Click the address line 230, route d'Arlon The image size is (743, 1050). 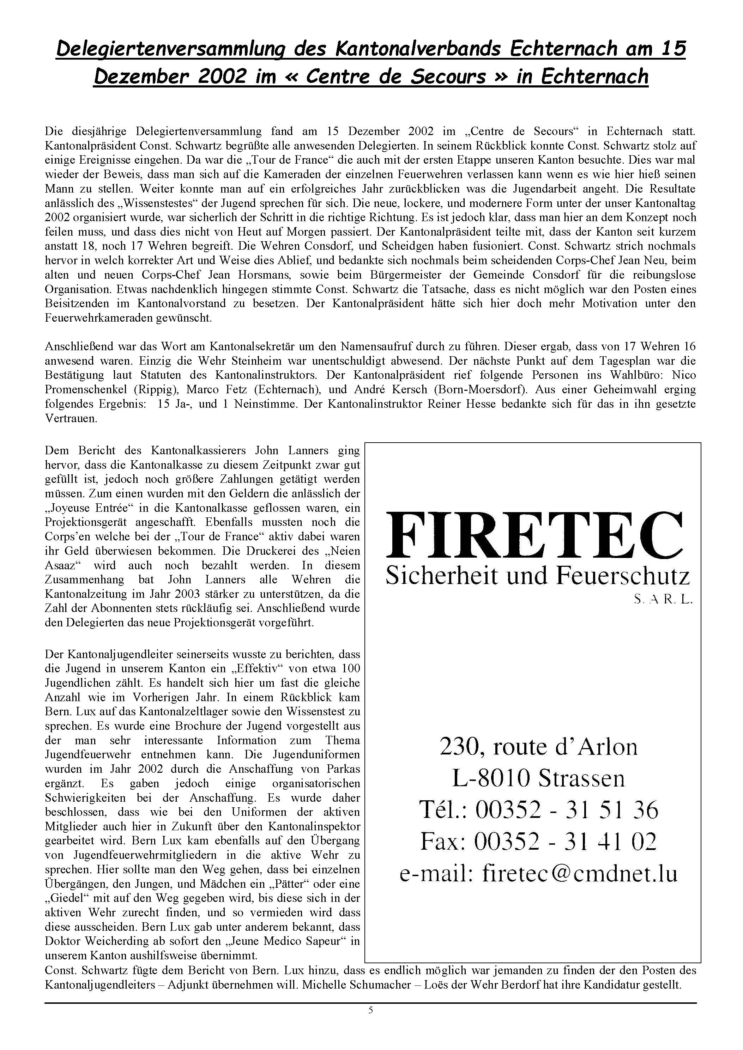click(x=538, y=747)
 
